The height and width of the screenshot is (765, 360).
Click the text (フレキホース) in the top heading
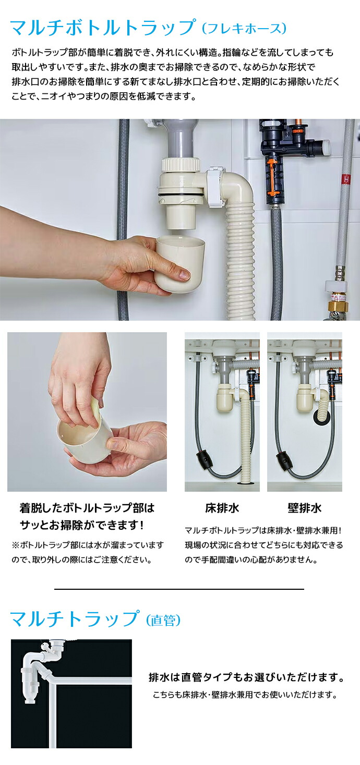[x=243, y=27]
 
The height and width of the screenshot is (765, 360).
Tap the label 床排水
[x=222, y=507]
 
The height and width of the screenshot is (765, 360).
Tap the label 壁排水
[x=304, y=507]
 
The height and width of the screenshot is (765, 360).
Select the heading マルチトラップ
[x=75, y=619]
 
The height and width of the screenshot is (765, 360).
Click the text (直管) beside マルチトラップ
[x=163, y=620]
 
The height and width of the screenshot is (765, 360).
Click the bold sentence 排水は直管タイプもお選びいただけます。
[x=246, y=678]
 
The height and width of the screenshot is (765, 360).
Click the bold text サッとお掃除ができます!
[x=81, y=524]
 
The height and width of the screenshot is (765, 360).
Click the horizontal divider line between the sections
[x=179, y=589]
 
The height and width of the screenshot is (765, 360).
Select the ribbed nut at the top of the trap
[x=181, y=165]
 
